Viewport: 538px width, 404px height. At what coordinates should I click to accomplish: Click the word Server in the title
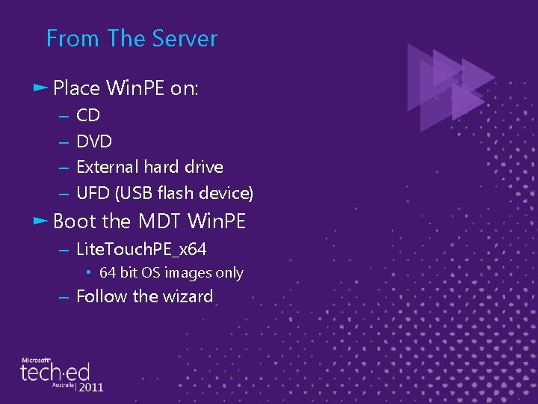point(183,38)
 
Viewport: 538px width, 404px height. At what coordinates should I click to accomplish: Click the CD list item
point(88,115)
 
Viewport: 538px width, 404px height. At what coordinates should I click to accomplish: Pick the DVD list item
point(94,141)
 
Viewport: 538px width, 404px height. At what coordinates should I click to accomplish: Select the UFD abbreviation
point(93,193)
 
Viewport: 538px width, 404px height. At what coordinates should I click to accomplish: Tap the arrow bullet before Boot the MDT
point(40,221)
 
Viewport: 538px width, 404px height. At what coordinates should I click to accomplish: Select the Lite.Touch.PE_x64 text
point(141,249)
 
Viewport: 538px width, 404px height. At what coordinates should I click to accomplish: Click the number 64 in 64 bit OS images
point(108,273)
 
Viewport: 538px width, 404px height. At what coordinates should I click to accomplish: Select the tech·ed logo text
point(57,372)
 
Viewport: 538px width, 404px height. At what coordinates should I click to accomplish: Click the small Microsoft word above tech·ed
point(36,357)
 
